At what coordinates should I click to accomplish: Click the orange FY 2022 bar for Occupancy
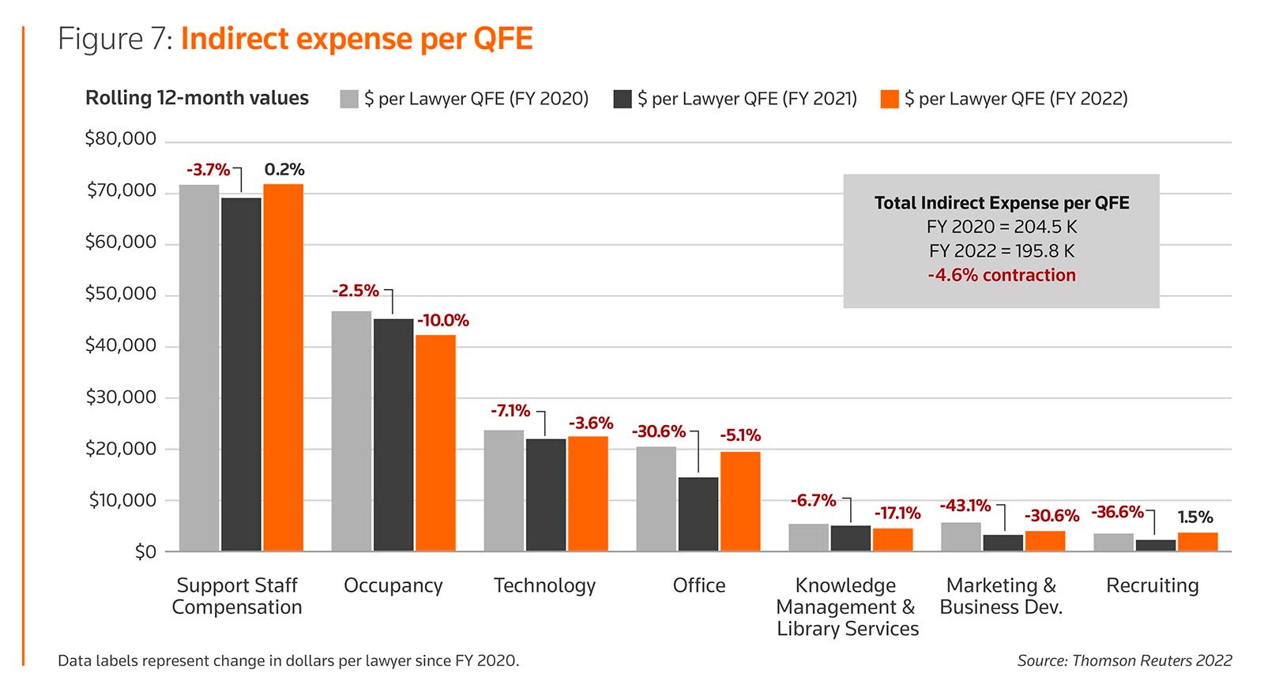tap(435, 442)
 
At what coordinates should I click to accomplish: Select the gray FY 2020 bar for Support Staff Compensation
tap(199, 367)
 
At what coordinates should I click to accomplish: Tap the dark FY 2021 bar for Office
tap(698, 514)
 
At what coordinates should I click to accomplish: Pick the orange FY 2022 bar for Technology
tap(588, 493)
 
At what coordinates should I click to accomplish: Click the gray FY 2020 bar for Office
tap(656, 499)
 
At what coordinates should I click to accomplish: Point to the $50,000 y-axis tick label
tap(121, 294)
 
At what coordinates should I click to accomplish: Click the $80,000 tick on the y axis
tap(121, 139)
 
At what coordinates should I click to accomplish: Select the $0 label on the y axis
tap(145, 551)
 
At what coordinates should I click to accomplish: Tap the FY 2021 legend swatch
tap(623, 99)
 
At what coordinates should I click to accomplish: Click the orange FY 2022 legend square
tap(890, 99)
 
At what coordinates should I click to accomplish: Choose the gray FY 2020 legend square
tap(349, 99)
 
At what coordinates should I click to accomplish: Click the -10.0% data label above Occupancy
tap(443, 320)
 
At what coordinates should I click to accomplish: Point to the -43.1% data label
tap(965, 506)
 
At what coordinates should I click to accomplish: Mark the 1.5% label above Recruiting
tap(1194, 517)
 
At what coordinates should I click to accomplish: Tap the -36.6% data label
tap(1117, 512)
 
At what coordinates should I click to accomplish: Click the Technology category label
tap(544, 585)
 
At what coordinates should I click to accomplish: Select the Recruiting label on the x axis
tap(1152, 585)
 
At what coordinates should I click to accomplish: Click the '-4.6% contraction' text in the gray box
tap(1001, 275)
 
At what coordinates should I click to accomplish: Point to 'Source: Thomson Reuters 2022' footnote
tap(1124, 660)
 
